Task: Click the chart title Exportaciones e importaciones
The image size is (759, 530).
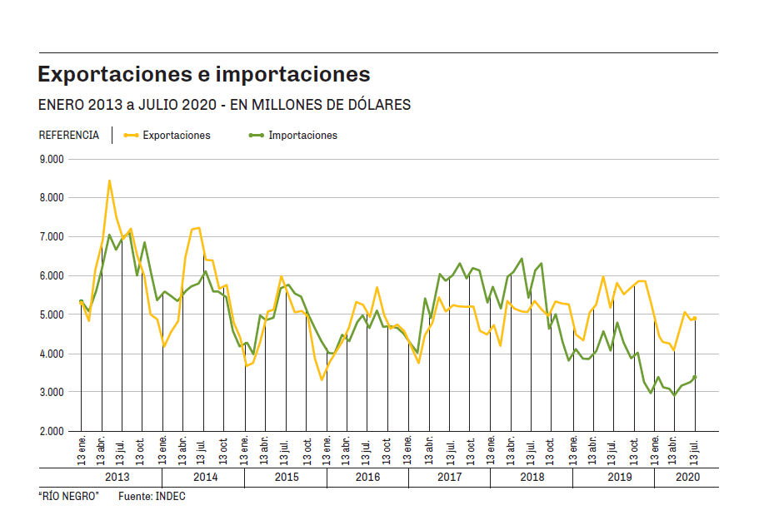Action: (x=204, y=74)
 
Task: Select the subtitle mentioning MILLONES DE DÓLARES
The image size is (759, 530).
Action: (x=224, y=106)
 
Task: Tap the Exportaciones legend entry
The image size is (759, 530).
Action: (x=176, y=135)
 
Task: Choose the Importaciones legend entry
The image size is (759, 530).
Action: (x=302, y=135)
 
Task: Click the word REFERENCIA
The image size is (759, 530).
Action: (x=69, y=135)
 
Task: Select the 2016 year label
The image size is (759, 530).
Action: (x=367, y=477)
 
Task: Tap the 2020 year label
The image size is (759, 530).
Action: (x=687, y=477)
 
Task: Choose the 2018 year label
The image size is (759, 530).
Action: (x=532, y=477)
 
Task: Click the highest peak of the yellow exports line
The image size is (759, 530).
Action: (x=109, y=181)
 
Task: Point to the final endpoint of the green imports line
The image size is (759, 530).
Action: (x=695, y=377)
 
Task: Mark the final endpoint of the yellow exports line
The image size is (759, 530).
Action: (x=695, y=318)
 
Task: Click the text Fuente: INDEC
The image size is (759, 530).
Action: (x=152, y=497)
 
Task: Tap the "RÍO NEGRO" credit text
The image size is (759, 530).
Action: (x=68, y=497)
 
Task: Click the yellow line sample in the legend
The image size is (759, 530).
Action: (x=130, y=135)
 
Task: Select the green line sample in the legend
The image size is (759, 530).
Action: (x=256, y=135)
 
